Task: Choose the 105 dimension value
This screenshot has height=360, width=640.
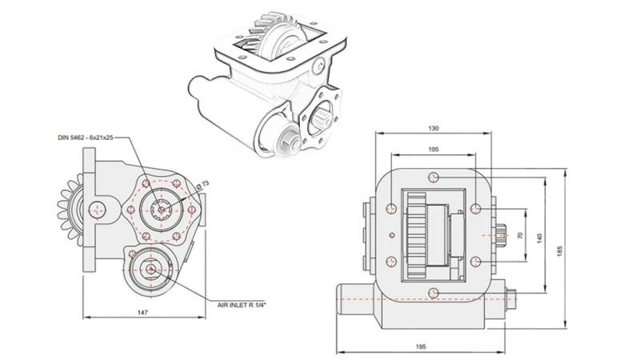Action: [x=433, y=150]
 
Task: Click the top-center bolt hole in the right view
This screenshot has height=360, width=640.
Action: [x=433, y=178]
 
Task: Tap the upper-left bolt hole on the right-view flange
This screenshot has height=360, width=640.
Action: [x=390, y=209]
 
